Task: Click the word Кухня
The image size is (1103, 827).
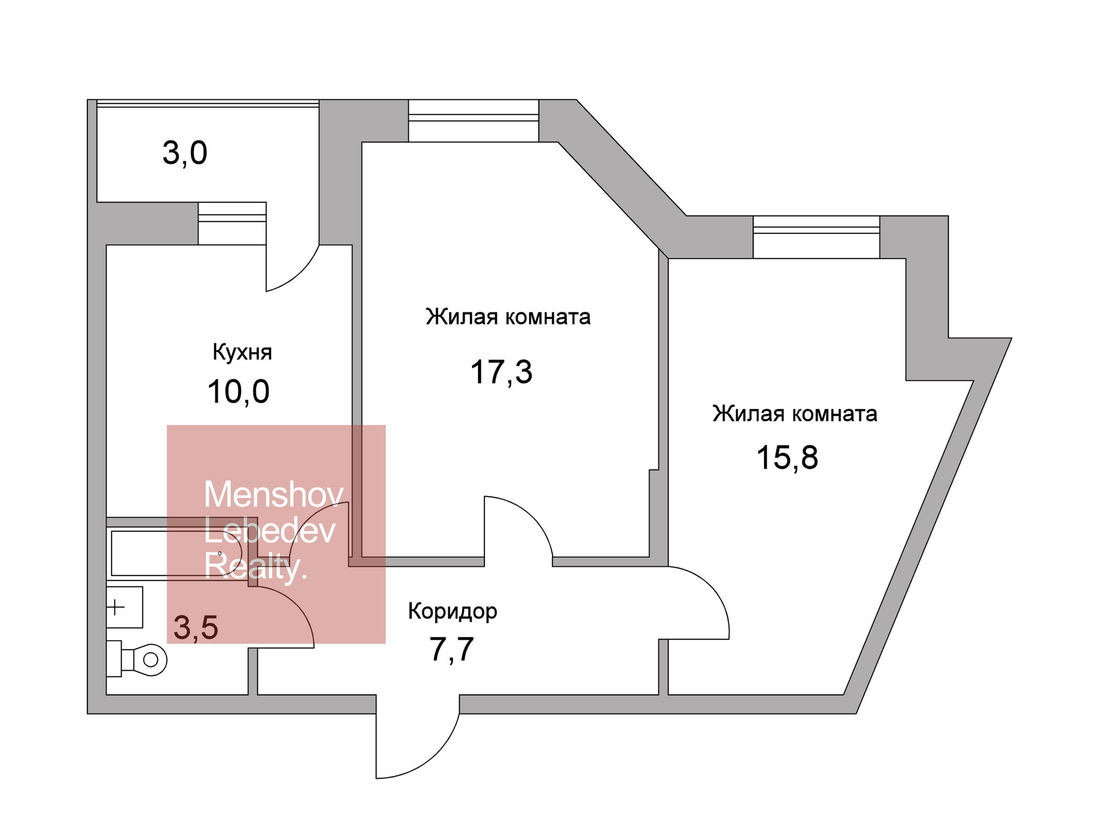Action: click(x=242, y=352)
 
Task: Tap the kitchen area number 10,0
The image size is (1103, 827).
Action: click(x=238, y=392)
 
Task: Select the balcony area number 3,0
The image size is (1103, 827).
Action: click(x=184, y=153)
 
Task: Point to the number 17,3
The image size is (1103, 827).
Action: click(x=501, y=372)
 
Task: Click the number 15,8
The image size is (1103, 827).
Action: click(x=787, y=458)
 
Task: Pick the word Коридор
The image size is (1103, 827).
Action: click(x=452, y=612)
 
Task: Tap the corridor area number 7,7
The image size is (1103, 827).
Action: click(x=452, y=650)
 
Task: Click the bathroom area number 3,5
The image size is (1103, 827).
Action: click(x=196, y=627)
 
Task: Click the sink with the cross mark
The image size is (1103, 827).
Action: click(x=124, y=607)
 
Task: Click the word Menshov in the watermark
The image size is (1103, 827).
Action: click(x=273, y=494)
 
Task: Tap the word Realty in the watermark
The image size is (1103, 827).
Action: click(x=256, y=566)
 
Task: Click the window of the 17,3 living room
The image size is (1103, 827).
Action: click(x=473, y=121)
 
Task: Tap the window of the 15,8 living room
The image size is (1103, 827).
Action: click(x=816, y=237)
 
